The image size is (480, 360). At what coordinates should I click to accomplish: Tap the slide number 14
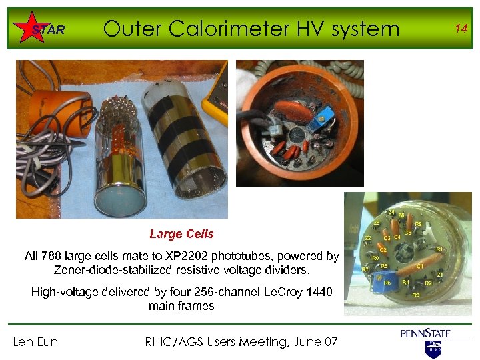(x=460, y=28)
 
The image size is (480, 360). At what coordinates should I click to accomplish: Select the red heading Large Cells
(x=181, y=234)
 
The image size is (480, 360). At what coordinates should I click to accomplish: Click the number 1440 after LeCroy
(x=317, y=292)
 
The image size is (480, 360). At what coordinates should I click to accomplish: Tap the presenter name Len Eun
(x=35, y=342)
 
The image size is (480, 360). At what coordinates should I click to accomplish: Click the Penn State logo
(x=425, y=340)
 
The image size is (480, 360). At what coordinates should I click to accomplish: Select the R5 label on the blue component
(x=387, y=283)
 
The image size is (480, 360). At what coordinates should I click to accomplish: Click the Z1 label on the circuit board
(x=440, y=274)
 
